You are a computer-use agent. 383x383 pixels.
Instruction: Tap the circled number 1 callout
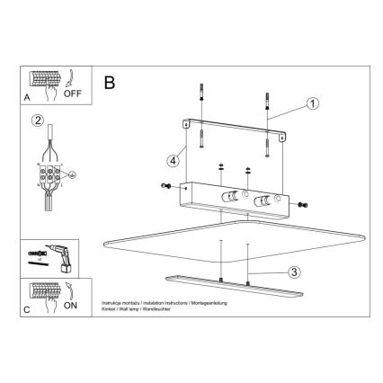coord(312,103)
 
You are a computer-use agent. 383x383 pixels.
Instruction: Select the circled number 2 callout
coord(37,121)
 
